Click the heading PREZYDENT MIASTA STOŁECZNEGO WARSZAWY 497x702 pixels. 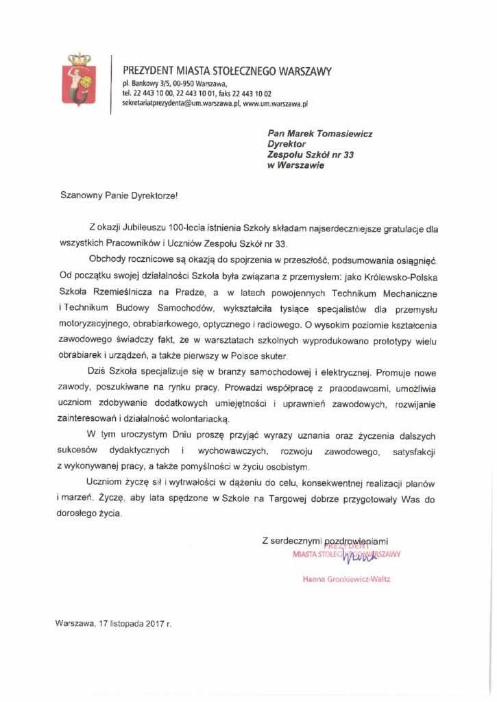226,71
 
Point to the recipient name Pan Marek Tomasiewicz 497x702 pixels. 320,134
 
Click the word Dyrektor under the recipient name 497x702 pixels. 287,144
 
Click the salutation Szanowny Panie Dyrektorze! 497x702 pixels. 117,195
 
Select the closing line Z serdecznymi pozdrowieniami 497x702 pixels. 330,541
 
